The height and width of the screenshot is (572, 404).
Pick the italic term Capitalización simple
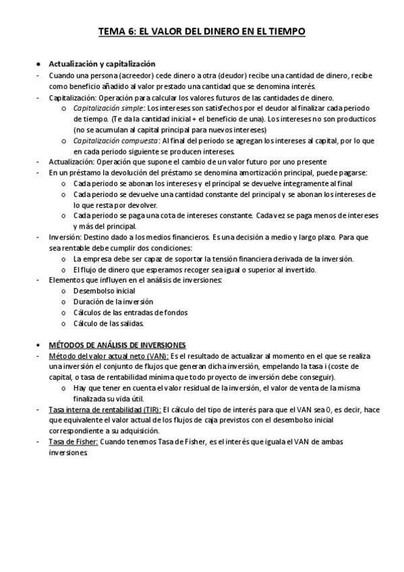pyautogui.click(x=108, y=108)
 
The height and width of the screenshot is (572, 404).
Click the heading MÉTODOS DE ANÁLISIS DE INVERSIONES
pyautogui.click(x=118, y=345)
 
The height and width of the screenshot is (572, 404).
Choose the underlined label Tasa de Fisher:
pyautogui.click(x=74, y=442)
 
